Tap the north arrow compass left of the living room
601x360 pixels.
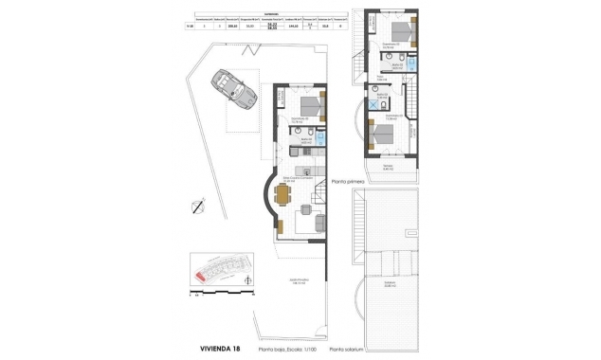197,205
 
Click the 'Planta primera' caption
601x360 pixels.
348,179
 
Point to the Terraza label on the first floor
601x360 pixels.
388,167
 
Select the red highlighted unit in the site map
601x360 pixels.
201,277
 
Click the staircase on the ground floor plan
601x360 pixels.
320,199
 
